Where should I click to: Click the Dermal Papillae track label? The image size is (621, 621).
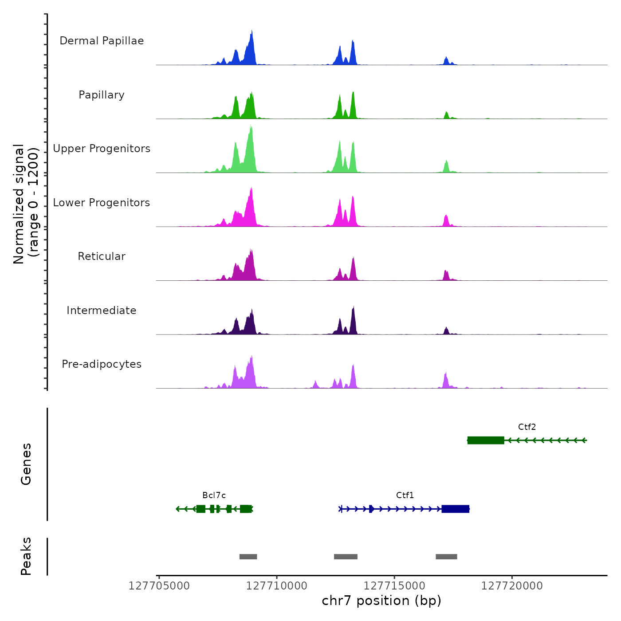(x=102, y=41)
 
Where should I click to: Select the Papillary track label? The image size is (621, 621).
(x=102, y=95)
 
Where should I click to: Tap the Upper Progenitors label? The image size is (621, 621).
(x=102, y=149)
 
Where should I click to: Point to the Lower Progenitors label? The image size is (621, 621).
(x=102, y=203)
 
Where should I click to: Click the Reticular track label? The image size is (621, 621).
(x=102, y=256)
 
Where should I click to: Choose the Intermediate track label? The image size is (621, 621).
(x=102, y=310)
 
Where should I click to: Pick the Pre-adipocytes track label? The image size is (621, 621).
(x=102, y=364)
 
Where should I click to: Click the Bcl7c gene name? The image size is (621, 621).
(x=214, y=495)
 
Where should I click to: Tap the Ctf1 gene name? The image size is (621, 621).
(x=405, y=495)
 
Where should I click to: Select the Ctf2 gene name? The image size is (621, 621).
(x=527, y=427)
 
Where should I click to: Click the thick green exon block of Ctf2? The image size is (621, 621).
(x=486, y=440)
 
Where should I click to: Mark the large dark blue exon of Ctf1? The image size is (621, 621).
(x=455, y=509)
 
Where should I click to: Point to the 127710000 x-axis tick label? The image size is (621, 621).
(x=277, y=586)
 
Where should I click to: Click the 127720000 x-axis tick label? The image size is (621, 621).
(x=512, y=586)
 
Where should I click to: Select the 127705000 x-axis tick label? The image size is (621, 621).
(x=159, y=586)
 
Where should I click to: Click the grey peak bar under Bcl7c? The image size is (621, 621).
(x=248, y=557)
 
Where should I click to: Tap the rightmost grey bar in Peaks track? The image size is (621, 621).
(x=446, y=557)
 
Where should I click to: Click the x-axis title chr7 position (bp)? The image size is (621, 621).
(x=381, y=601)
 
